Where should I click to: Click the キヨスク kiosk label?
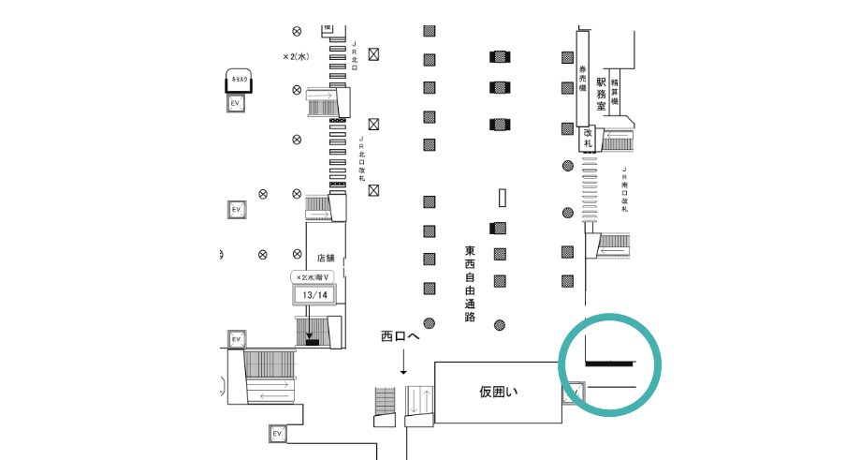[x=238, y=82]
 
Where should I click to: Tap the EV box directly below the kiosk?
[x=237, y=102]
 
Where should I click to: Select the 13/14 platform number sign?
[x=314, y=295]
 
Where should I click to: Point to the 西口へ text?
[x=401, y=336]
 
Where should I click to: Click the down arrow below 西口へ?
[x=403, y=363]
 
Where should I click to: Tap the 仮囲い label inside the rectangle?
[x=499, y=392]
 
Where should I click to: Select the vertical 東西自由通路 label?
[x=470, y=284]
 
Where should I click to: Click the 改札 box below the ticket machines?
[x=589, y=139]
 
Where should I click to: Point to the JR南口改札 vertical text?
[x=624, y=191]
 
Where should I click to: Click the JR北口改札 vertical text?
[x=360, y=158]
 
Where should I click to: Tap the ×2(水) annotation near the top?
[x=297, y=56]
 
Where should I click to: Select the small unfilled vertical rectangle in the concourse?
[x=503, y=198]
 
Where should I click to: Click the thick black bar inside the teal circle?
[x=609, y=362]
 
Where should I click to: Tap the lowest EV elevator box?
[x=277, y=434]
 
